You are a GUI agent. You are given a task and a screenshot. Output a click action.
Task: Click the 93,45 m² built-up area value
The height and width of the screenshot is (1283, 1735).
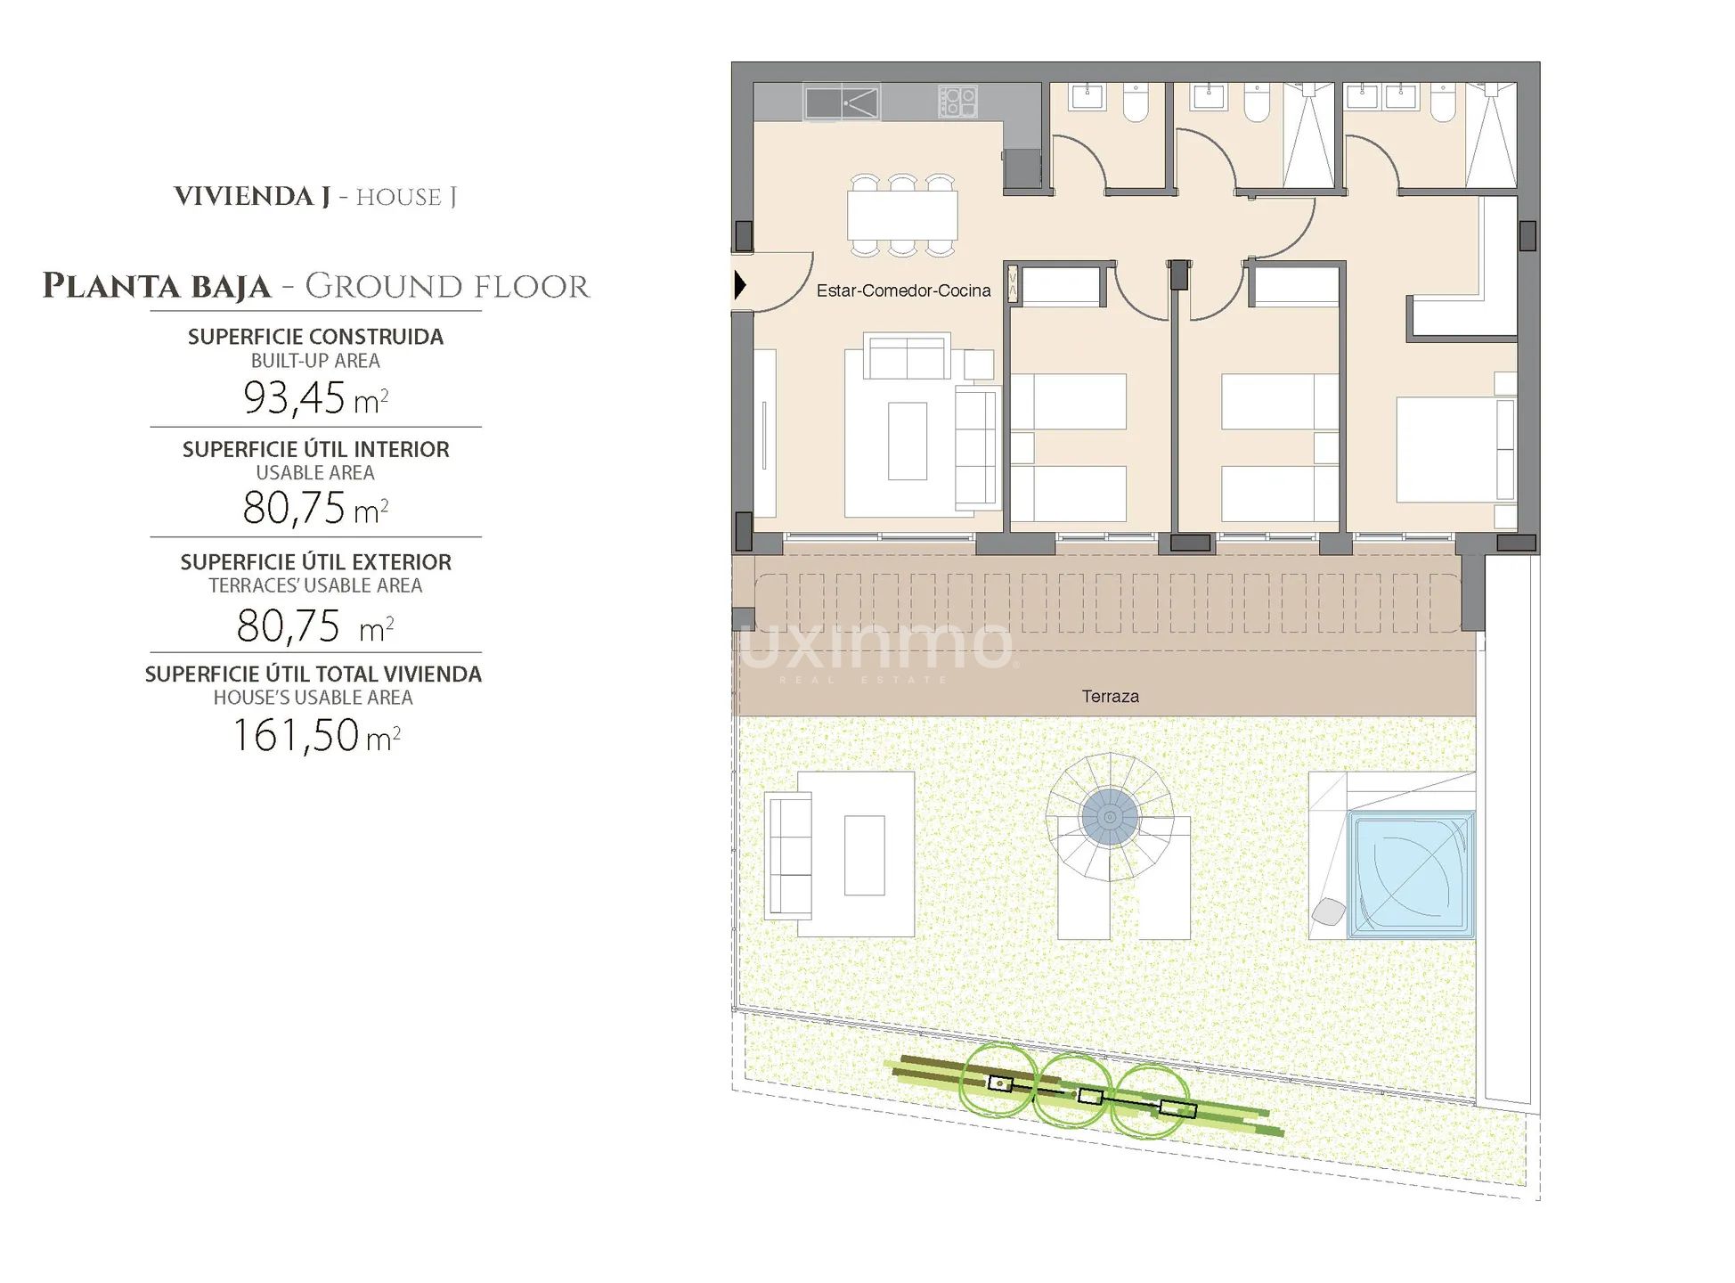315,398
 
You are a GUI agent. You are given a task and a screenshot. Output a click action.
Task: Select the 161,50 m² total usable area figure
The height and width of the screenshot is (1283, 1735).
315,736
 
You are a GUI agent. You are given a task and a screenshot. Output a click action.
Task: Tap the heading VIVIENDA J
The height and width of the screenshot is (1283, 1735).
252,197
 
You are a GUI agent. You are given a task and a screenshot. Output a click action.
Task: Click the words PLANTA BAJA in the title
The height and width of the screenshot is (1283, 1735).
157,287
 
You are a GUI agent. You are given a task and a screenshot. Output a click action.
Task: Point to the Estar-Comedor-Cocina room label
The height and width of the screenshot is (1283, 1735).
903,290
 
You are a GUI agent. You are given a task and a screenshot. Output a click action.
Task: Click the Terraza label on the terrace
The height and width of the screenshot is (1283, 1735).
1110,697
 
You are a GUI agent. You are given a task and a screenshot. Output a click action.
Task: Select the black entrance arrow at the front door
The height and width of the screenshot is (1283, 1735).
739,285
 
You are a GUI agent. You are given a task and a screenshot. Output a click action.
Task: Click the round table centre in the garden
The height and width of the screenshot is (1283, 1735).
1110,817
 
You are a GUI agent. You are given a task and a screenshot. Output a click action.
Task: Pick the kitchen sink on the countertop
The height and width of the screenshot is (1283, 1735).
842,102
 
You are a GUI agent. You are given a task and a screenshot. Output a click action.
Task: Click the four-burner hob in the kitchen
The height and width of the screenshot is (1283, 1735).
957,102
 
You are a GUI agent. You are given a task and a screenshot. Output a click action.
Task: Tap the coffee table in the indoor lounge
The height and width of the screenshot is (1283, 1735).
907,441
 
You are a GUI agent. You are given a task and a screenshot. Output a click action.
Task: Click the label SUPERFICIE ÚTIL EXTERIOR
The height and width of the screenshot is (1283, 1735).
315,562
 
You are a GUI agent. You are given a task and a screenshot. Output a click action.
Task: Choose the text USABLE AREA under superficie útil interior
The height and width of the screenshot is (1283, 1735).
315,473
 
